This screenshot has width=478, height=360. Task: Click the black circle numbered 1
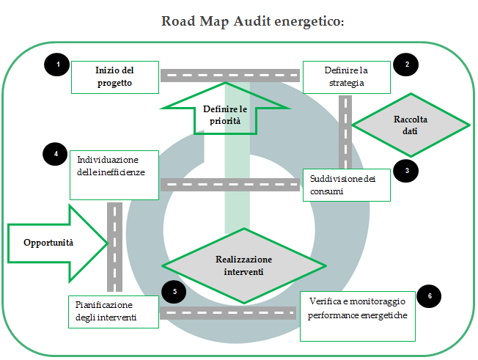pos(57,65)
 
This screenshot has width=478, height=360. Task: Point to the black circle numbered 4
pos(56,154)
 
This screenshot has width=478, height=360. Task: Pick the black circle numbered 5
pos(174,291)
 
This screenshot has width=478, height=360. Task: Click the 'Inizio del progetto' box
pos(115,77)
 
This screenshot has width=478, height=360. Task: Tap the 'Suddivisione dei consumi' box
pos(346,185)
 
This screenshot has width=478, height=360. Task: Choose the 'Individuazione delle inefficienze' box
pos(115,174)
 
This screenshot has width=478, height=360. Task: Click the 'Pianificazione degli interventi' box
pos(115,311)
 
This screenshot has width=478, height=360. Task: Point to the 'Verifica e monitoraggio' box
pos(358,315)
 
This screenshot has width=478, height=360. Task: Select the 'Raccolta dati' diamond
pos(410,125)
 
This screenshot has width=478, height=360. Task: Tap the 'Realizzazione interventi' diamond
pos(243,265)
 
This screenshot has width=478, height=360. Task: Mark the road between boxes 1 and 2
pos(229,74)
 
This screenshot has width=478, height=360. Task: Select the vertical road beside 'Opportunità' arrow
pos(115,247)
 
